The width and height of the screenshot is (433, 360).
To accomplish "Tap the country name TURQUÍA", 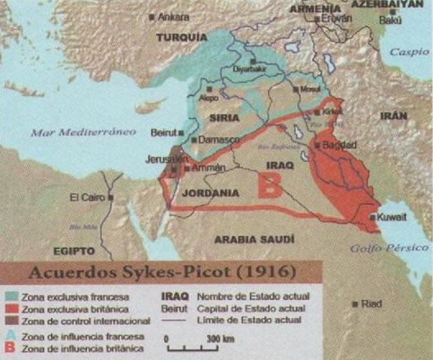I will tap(181, 37).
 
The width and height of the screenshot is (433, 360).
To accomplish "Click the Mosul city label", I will tap(289, 88).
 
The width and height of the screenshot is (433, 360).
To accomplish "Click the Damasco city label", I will tap(218, 139).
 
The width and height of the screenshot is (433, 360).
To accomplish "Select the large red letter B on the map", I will tap(268, 184).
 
